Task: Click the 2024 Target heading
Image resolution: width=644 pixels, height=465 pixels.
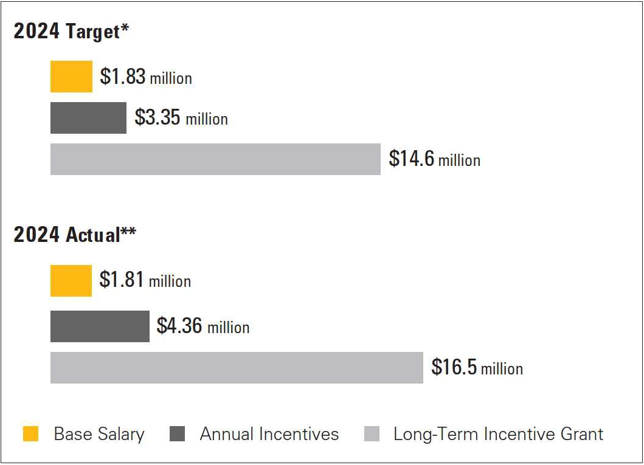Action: tap(71, 32)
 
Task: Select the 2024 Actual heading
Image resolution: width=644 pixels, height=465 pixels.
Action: tap(75, 235)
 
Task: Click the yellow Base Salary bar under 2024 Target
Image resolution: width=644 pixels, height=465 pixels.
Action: tap(71, 77)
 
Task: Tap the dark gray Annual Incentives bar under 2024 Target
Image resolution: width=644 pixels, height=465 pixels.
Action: tap(88, 118)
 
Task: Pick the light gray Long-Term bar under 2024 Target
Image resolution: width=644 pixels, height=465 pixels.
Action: tap(215, 159)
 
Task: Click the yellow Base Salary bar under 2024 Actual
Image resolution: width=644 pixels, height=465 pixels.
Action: tap(71, 281)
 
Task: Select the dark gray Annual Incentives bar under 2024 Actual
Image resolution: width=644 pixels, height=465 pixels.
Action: tap(100, 326)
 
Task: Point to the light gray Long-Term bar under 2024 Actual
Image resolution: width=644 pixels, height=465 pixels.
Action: tap(237, 368)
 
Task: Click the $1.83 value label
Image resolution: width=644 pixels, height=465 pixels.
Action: tap(123, 77)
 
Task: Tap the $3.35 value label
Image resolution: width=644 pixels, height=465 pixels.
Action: tap(158, 117)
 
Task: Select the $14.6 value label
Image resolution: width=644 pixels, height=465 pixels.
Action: tap(412, 159)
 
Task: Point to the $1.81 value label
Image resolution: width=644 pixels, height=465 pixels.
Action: tap(122, 280)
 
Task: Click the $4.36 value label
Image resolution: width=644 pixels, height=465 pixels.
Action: tap(179, 326)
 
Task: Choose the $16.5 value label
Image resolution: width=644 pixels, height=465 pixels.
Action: tap(454, 367)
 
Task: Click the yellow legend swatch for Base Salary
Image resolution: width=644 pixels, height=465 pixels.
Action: tap(31, 434)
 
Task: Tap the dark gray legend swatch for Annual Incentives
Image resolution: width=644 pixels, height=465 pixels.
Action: tap(177, 434)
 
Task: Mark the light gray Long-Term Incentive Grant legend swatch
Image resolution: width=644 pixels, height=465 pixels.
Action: tap(372, 434)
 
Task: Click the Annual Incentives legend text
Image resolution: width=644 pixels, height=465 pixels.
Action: tap(269, 434)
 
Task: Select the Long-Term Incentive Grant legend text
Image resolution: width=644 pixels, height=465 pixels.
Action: tap(498, 434)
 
